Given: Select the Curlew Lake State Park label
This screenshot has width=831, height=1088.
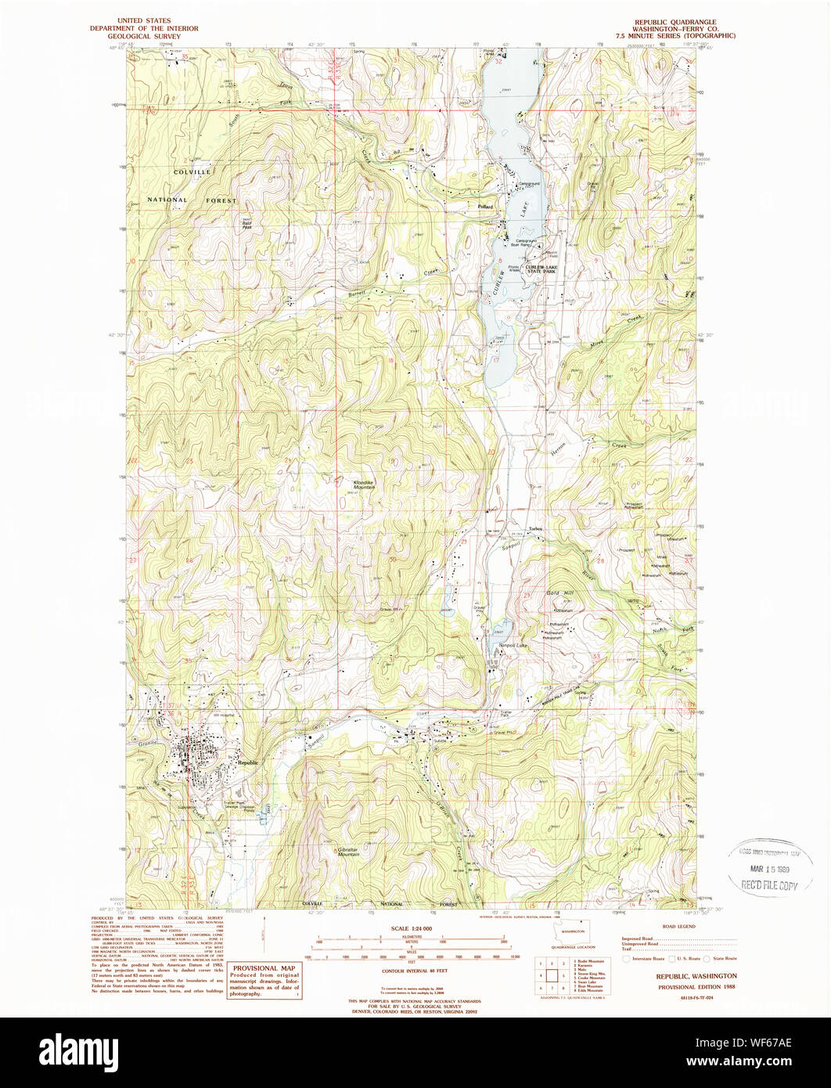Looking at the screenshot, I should (546, 270).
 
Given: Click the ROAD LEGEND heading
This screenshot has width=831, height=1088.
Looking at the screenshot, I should (678, 926).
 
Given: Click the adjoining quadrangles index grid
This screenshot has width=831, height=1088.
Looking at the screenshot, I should (552, 975).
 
